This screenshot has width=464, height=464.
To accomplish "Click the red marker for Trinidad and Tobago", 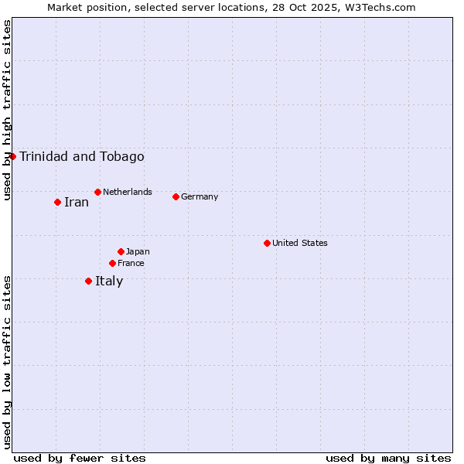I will coord(12,156).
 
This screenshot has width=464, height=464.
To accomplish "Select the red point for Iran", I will coord(57,202).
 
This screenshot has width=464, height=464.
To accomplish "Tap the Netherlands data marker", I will coord(97,192).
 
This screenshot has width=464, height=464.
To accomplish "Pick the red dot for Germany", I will coord(176,196).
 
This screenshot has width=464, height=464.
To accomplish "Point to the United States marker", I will coord(267,243).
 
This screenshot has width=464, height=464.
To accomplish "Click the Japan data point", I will coord(121,251).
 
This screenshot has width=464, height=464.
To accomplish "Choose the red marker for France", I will coord(112,263).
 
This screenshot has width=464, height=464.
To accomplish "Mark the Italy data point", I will coord(88,281).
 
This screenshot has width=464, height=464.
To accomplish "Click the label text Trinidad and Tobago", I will coord(81,157).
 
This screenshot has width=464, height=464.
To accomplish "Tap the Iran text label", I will coord(76,203).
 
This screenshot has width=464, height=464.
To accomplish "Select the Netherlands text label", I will coord(127,192).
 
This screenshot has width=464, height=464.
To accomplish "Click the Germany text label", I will coord(200,196).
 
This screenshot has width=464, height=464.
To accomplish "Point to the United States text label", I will coord(299,243).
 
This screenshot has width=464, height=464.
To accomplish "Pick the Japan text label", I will coord(138,251).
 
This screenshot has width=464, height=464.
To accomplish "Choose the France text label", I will coord(131,263).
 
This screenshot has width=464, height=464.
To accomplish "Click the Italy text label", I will coord(109,281).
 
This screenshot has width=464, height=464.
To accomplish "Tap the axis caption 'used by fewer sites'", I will coord(80,458).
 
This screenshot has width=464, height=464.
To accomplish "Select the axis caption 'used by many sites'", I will coord(388,458).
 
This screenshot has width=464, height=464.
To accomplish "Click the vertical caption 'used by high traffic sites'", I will coord(8,110).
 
